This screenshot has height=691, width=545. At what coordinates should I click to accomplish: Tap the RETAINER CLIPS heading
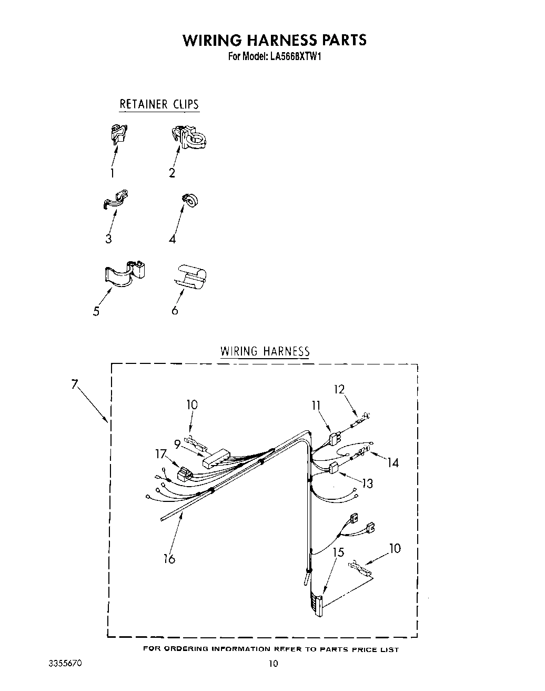tap(159, 104)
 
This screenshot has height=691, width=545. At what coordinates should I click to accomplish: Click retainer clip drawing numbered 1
tap(119, 134)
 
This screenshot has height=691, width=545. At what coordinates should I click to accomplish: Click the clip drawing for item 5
tap(125, 273)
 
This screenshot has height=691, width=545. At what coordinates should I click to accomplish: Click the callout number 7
tap(75, 384)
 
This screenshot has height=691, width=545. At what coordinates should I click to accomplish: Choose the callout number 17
tap(161, 453)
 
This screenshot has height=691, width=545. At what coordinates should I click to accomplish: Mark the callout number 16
tap(169, 559)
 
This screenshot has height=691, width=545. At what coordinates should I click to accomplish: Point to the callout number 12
tap(339, 389)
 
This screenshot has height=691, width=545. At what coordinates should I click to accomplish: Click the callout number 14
tap(392, 463)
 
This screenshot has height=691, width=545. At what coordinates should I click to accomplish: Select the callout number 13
tap(367, 483)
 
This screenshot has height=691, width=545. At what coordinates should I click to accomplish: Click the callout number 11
tap(316, 405)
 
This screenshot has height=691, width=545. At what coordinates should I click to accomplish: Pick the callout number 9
tap(178, 444)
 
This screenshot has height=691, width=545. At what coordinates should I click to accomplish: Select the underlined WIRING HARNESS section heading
tap(265, 351)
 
